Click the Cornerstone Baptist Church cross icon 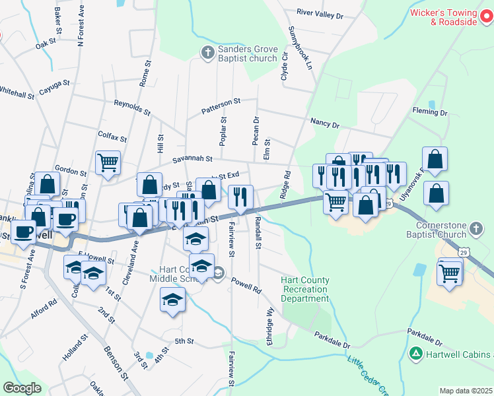click(476, 230)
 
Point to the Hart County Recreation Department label click(304, 289)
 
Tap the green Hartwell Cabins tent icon click(416, 354)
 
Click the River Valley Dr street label click(320, 13)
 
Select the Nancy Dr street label click(324, 123)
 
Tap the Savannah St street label click(192, 159)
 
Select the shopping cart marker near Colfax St click(108, 162)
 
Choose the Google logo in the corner click(22, 388)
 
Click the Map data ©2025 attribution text click(466, 391)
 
